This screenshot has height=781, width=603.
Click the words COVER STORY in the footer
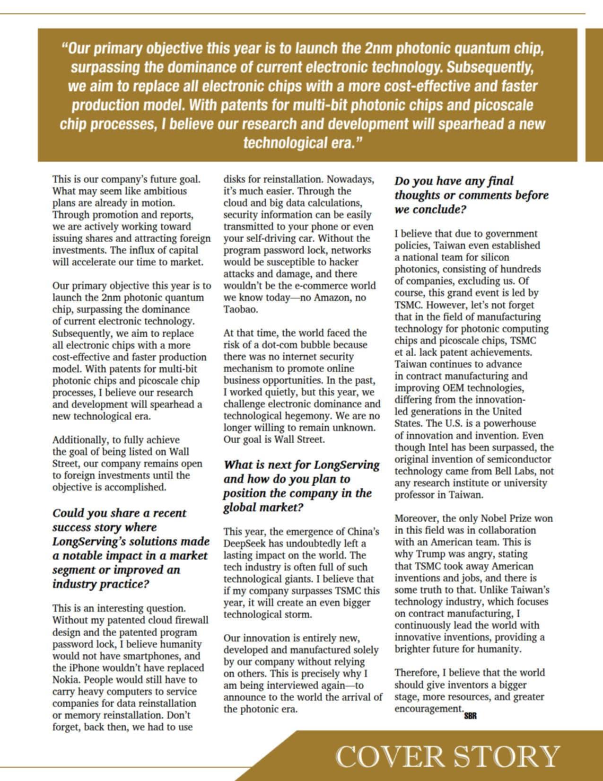click(x=447, y=756)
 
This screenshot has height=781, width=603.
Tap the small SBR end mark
click(x=470, y=716)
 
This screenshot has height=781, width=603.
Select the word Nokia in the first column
click(x=65, y=680)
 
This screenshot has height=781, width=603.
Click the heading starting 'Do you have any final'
click(x=472, y=195)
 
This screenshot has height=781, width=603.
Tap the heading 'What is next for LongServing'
click(x=301, y=486)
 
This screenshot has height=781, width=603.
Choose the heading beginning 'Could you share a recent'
click(x=130, y=548)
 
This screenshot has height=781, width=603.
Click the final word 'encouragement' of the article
click(x=428, y=709)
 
